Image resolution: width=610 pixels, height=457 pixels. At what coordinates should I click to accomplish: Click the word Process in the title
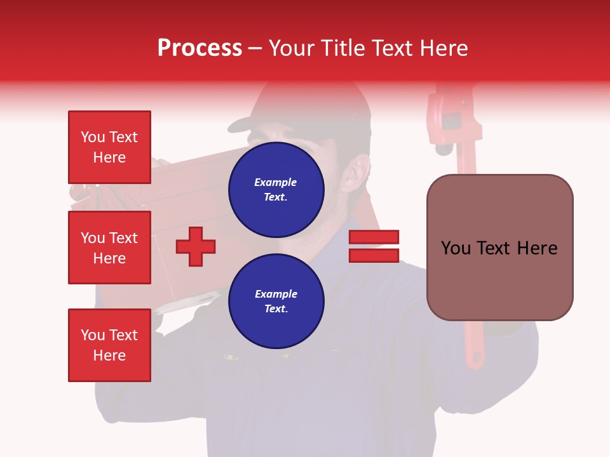[x=200, y=48]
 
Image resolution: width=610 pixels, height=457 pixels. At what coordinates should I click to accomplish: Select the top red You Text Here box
[x=109, y=147]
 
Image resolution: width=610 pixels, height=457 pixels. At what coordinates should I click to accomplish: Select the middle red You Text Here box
[x=109, y=248]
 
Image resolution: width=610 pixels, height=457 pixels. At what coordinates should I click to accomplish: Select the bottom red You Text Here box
[x=109, y=345]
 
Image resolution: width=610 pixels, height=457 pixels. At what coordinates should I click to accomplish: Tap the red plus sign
[x=196, y=246]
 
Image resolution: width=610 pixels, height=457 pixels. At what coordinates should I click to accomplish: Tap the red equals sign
[x=374, y=246]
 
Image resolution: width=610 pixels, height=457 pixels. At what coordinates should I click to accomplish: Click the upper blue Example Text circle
[x=276, y=189]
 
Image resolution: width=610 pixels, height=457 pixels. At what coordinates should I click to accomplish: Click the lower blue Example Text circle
[x=276, y=301]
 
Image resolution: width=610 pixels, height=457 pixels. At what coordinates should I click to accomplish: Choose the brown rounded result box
[x=499, y=248]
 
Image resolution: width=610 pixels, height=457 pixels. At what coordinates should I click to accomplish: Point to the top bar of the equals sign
[x=374, y=237]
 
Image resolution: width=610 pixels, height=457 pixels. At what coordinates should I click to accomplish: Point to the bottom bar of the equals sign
[x=374, y=255]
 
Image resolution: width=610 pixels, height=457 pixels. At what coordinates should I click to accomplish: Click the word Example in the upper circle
[x=276, y=182]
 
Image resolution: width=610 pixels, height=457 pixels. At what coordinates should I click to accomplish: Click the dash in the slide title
[x=255, y=49]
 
